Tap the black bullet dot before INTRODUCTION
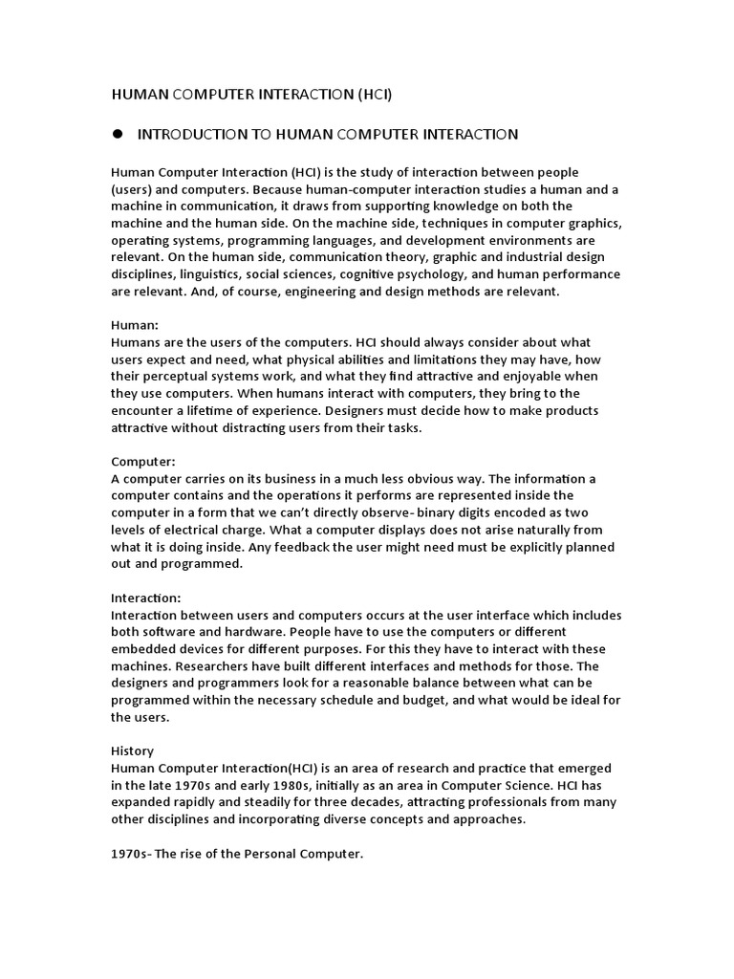pos(119,134)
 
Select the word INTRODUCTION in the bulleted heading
pos(193,135)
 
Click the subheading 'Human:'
pos(135,325)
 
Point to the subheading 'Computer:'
pos(143,461)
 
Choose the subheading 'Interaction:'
pos(146,598)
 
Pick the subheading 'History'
pos(133,751)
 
